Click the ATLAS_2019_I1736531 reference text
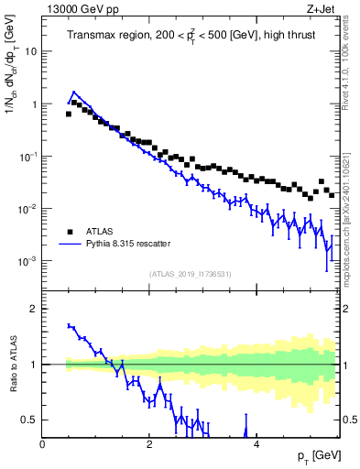191,274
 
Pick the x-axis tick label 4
256,443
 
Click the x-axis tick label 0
42,443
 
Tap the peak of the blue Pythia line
73,93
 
